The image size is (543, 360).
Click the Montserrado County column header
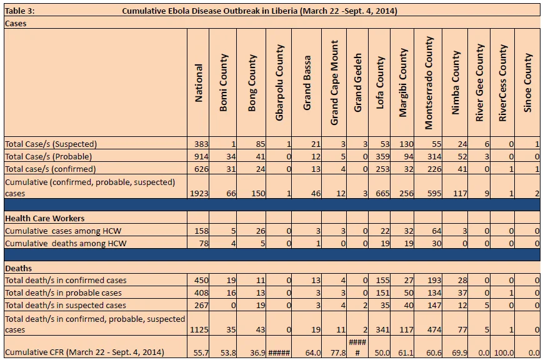(429, 82)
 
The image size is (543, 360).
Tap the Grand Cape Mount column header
(334, 82)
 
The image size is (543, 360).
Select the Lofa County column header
(380, 82)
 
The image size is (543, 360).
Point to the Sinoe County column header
(527, 82)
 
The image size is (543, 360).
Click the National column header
(199, 82)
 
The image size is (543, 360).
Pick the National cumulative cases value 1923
(199, 193)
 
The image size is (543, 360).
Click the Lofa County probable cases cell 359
(382, 157)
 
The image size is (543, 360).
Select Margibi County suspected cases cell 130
(406, 144)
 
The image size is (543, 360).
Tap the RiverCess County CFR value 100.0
(504, 353)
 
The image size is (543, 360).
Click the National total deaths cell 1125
(199, 329)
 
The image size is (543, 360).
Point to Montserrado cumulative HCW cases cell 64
(436, 231)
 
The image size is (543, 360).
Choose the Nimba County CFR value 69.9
(459, 353)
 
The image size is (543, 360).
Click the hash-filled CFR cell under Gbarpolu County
(279, 353)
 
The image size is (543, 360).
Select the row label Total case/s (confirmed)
(50, 169)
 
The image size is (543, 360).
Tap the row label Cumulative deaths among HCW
(66, 244)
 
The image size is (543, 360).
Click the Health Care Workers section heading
(44, 219)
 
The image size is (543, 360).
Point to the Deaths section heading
(18, 269)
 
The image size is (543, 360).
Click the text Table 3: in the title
(20, 11)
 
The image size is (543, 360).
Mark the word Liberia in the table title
(284, 11)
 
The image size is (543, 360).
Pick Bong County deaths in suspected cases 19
(261, 305)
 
